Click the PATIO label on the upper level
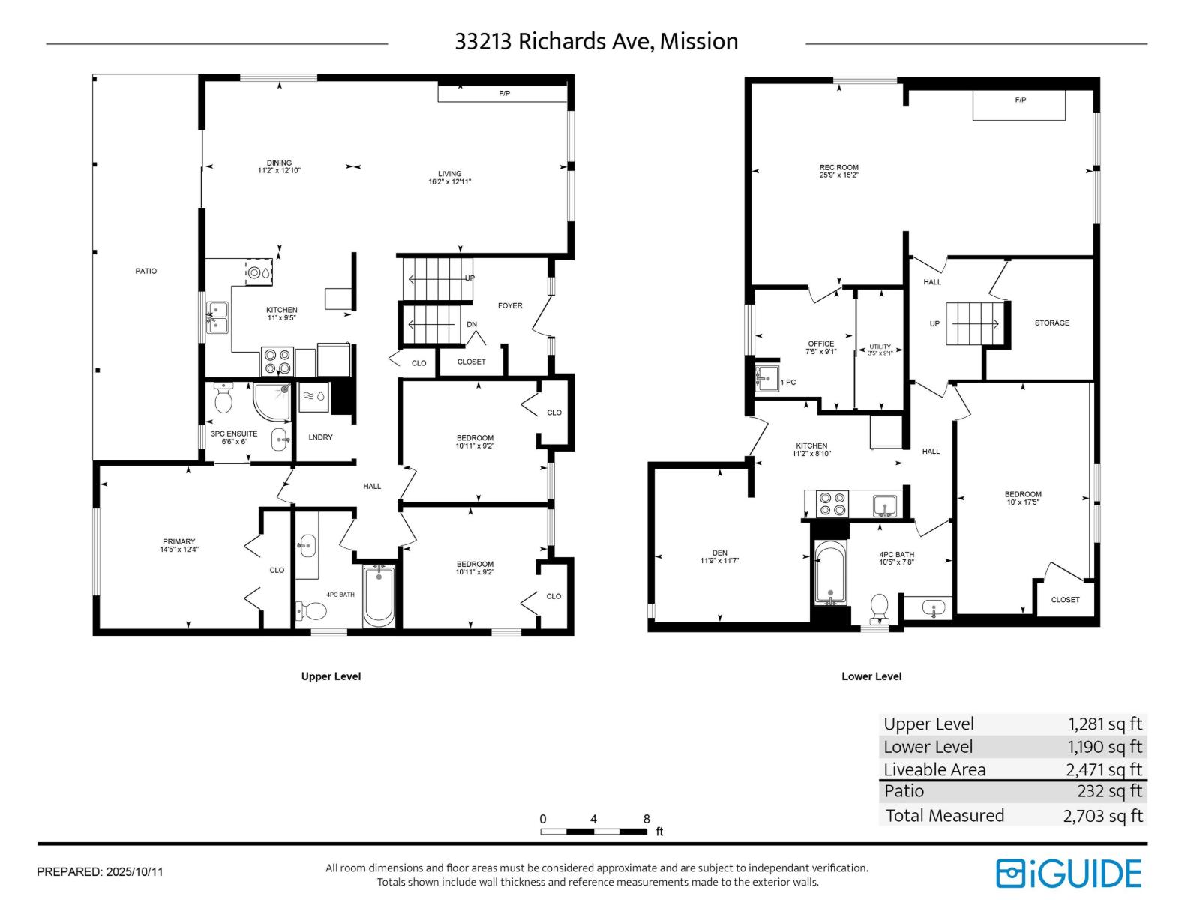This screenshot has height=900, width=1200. point(146,271)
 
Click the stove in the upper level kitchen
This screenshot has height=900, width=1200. point(277,361)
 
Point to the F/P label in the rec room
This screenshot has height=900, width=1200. point(1020,100)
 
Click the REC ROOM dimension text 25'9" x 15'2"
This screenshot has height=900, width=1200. point(838,175)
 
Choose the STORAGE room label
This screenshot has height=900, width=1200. point(1051,322)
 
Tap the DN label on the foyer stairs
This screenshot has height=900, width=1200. point(472,325)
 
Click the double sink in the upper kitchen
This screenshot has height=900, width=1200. point(217,316)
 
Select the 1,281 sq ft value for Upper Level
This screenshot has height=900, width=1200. point(1105,724)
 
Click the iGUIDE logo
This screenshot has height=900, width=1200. point(1068,874)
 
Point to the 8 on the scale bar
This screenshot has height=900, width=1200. point(646,819)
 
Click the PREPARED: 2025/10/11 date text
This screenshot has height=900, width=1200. point(100,872)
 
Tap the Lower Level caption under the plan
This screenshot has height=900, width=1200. point(871,676)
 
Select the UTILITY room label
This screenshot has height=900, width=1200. point(880,346)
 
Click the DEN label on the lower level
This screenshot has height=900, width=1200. point(719,553)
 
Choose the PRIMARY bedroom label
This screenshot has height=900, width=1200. point(178,541)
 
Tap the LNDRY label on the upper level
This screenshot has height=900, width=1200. point(320,437)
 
